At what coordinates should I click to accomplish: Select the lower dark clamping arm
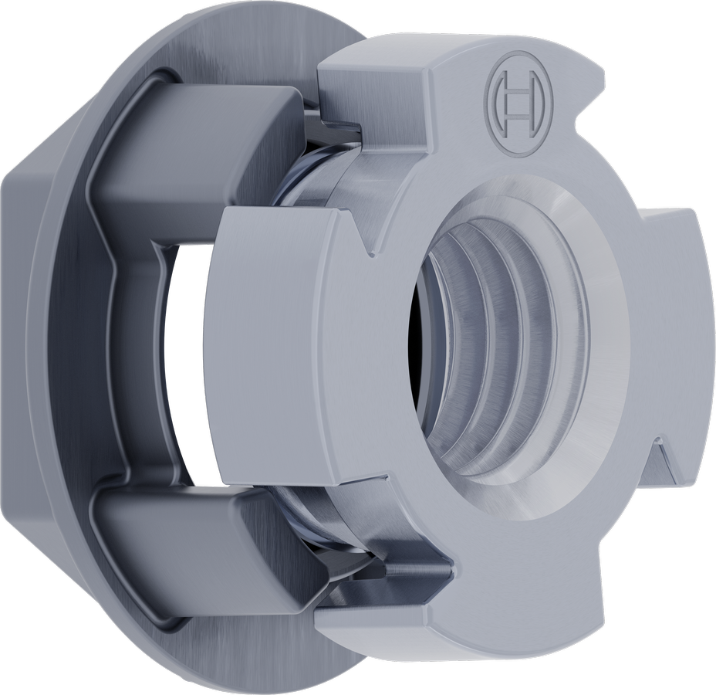[x=193, y=541]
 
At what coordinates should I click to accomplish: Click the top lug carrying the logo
[x=463, y=93]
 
